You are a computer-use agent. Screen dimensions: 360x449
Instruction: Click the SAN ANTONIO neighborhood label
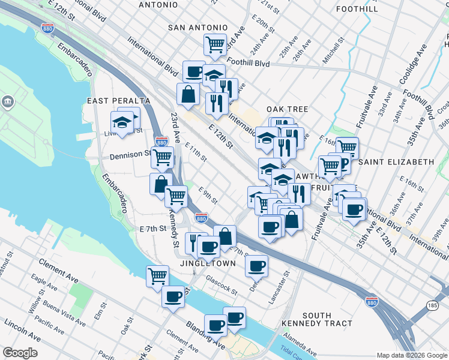(x=197, y=28)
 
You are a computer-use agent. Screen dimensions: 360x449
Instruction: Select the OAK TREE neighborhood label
(x=287, y=109)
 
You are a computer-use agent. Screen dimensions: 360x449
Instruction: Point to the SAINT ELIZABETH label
(x=396, y=162)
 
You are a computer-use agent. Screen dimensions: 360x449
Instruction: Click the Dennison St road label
(x=130, y=155)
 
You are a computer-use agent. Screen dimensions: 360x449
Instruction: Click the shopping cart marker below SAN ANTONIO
(x=214, y=44)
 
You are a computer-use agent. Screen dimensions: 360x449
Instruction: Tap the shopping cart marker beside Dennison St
(x=161, y=157)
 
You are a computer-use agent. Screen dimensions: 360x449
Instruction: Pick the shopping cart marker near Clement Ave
(x=157, y=275)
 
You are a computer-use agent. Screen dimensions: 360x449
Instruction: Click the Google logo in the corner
(x=20, y=353)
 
